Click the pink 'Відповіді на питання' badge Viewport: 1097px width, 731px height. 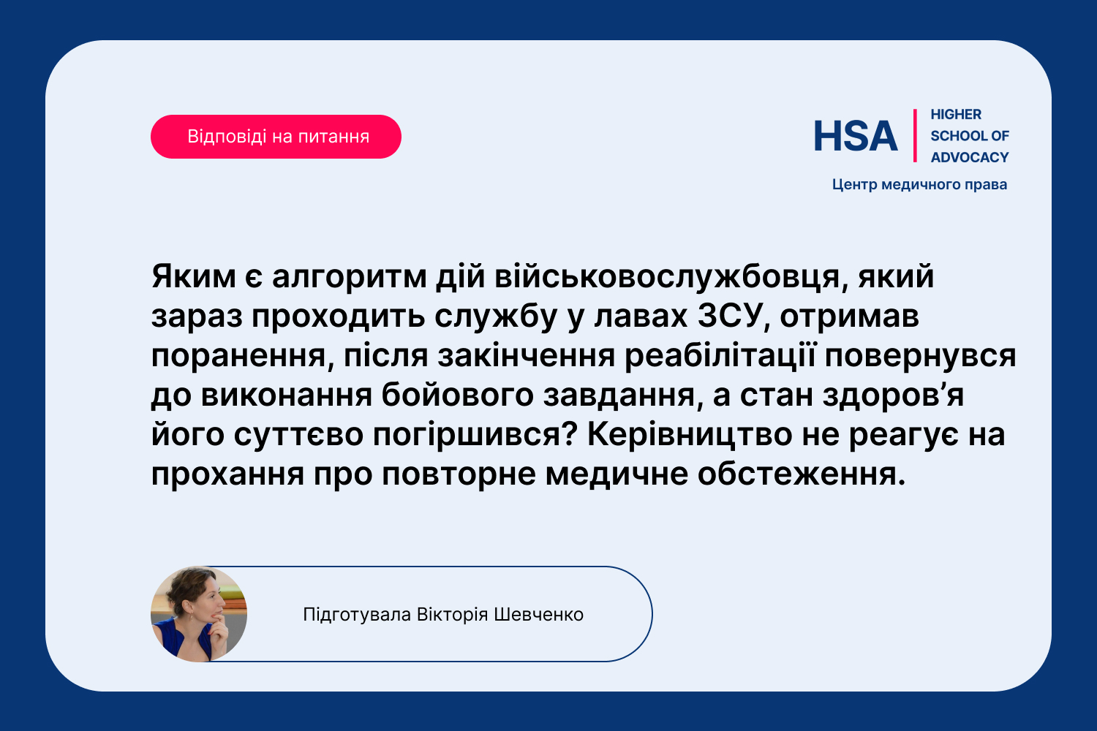coord(276,137)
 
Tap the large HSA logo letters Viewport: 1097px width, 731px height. coord(855,136)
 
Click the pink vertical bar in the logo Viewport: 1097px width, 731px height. coord(915,136)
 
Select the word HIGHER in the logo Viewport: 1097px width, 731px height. coord(956,115)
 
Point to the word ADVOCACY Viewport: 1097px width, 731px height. coord(970,158)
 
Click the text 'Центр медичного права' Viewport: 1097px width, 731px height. coord(919,185)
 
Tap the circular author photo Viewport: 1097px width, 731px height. coord(199,614)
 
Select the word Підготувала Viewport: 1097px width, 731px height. coord(357,615)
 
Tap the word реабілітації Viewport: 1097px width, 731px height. coord(720,355)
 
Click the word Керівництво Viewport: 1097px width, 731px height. coord(690,435)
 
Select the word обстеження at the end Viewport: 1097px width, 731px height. coord(802,474)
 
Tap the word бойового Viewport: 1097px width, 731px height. coord(457,395)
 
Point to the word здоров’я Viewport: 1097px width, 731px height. coord(893,395)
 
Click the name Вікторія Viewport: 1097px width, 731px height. coord(452,615)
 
